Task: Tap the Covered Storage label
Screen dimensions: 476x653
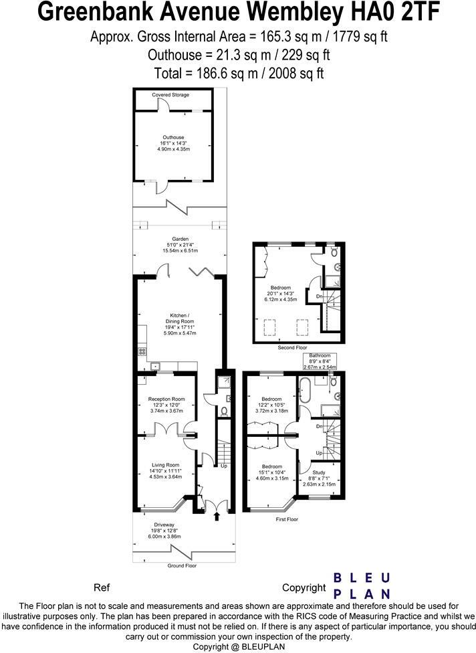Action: pos(170,95)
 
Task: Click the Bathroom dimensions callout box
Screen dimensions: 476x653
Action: pos(320,361)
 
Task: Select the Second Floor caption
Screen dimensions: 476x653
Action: pos(292,347)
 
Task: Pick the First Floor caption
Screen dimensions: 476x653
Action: pos(287,519)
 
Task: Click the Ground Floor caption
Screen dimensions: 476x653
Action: pos(182,565)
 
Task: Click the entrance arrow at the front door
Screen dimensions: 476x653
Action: pos(217,517)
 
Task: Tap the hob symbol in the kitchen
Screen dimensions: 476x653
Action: pos(142,351)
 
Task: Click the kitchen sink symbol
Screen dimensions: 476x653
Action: pos(156,366)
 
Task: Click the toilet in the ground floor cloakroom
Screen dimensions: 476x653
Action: pos(225,411)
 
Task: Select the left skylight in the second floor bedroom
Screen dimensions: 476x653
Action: pos(269,326)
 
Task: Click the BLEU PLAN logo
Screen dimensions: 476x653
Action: pos(362,585)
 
